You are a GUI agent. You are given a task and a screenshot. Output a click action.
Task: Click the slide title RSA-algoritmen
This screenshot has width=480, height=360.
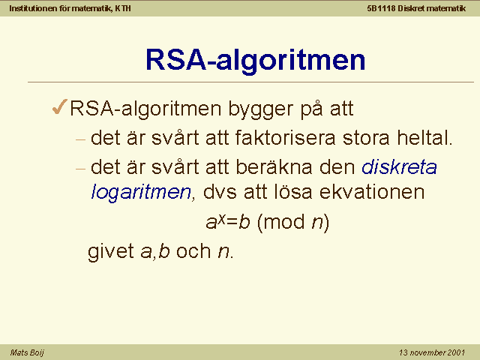(256, 61)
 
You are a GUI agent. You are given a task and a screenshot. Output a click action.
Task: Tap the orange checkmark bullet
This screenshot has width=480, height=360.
(60, 106)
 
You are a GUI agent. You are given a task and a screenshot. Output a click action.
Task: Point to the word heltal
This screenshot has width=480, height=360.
(424, 137)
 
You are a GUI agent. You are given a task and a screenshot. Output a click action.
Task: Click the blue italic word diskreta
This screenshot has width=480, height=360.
(400, 166)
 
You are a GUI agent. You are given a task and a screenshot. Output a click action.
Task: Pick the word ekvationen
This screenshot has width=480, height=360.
(372, 192)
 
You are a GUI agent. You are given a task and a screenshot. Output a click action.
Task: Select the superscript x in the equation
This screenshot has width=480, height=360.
(222, 218)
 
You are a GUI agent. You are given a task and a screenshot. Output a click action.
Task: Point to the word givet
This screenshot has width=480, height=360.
(111, 252)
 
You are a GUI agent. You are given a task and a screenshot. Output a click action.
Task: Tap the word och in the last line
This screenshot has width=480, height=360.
(193, 251)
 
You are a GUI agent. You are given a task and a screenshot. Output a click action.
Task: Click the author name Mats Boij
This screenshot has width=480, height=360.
(27, 352)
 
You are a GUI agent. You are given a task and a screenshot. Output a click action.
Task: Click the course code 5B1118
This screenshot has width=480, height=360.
(381, 8)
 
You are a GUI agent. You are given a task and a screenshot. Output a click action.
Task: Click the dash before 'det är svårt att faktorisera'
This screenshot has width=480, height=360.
(80, 140)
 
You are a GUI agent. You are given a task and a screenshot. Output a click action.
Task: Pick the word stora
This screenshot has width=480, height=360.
(366, 138)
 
